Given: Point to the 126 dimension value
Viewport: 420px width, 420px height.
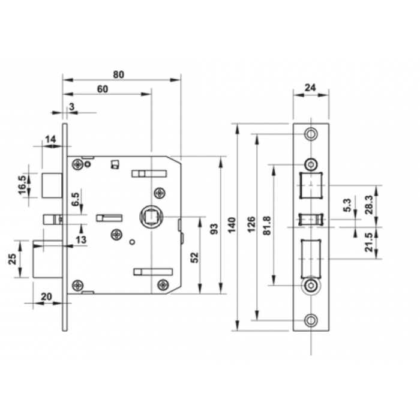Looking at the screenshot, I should point(251,226).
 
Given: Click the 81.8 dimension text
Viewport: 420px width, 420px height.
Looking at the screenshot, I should point(267,226).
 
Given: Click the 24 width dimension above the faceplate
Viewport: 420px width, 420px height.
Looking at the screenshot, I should point(310,88).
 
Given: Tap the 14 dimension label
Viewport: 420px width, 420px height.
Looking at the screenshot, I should point(50,139).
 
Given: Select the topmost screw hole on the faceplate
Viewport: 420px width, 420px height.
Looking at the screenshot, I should point(310,134).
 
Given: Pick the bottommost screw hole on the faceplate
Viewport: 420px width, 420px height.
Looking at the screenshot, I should point(310,320).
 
